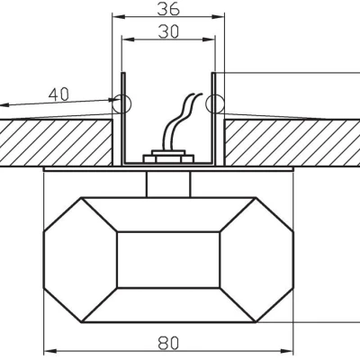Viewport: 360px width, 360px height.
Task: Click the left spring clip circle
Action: point(121,104)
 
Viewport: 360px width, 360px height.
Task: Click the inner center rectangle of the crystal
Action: point(167,259)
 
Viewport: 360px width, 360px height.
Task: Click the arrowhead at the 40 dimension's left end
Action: point(3,105)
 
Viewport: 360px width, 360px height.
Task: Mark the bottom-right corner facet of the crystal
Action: point(266,307)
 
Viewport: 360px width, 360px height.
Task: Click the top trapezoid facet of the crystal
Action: point(167,212)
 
